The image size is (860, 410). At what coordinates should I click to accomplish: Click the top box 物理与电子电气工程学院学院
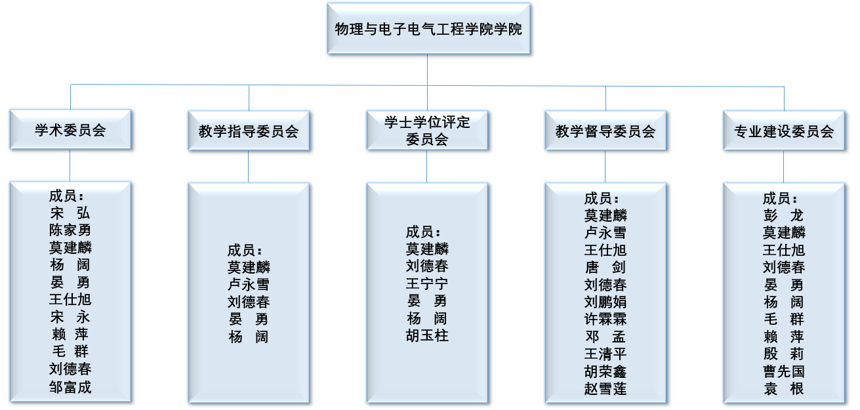click(428, 29)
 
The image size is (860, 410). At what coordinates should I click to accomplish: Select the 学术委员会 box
click(70, 130)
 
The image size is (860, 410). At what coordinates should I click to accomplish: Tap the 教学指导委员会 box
click(249, 131)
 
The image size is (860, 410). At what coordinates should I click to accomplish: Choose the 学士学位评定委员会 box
click(427, 131)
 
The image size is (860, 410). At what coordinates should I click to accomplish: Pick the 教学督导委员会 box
click(605, 131)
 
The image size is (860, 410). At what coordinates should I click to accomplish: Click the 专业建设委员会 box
click(784, 131)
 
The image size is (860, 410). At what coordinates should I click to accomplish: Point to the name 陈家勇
click(70, 230)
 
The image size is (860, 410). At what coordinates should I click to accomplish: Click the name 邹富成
click(70, 387)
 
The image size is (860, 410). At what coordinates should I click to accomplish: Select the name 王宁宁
click(427, 284)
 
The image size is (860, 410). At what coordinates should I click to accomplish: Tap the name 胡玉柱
click(427, 336)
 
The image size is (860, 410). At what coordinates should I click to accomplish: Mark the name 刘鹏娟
click(605, 302)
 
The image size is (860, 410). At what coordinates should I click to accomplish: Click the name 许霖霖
click(605, 319)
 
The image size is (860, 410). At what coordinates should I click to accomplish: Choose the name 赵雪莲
click(605, 388)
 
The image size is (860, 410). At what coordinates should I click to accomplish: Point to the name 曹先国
click(784, 371)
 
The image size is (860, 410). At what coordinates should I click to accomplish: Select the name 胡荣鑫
click(605, 371)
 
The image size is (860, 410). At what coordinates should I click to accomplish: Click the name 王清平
click(605, 354)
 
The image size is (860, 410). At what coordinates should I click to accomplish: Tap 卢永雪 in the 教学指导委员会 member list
click(249, 285)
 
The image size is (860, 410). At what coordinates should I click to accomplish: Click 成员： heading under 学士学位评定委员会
click(423, 232)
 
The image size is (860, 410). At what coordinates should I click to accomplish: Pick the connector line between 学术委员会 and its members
click(70, 165)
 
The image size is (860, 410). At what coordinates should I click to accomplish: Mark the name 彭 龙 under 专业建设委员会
click(784, 215)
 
